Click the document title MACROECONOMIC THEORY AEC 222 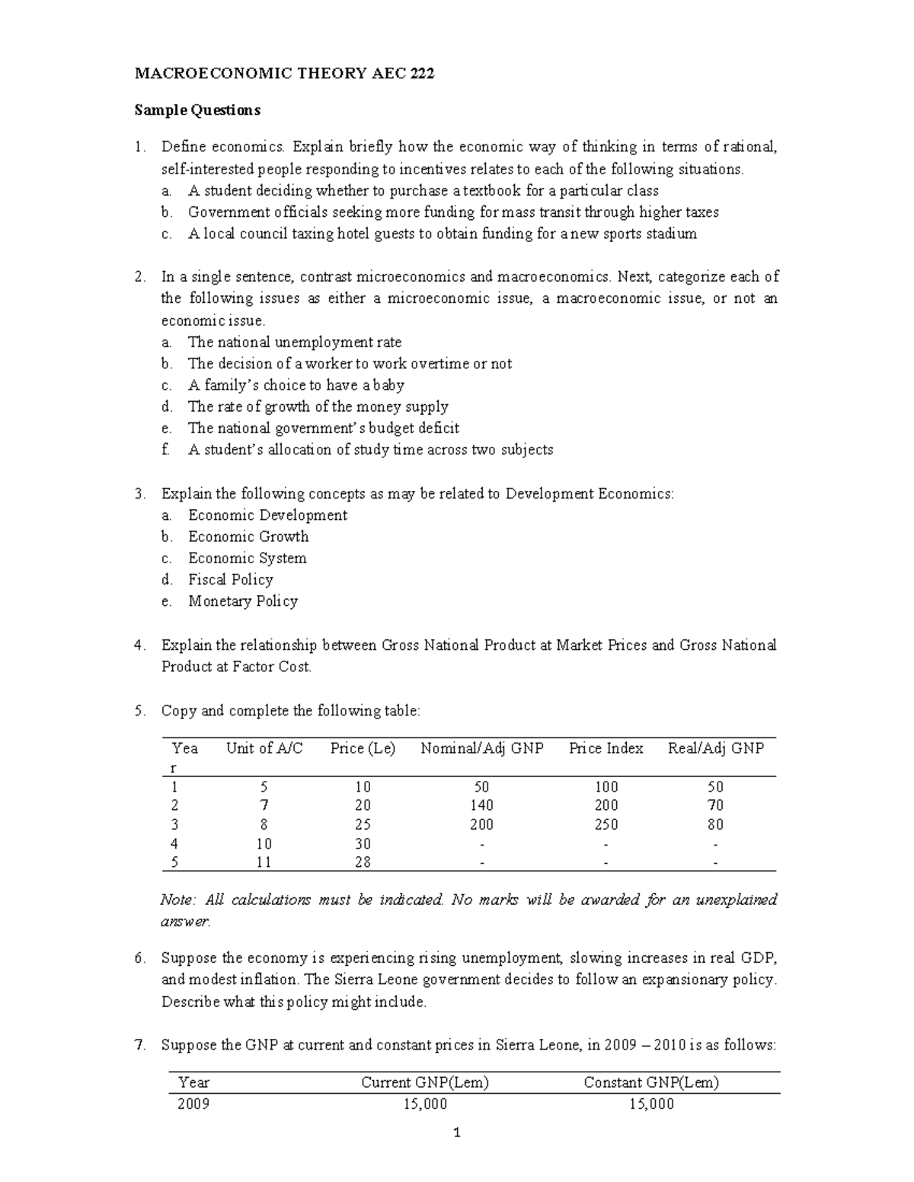[284, 74]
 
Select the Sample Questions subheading [197, 110]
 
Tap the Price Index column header [606, 748]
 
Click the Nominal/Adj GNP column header [481, 748]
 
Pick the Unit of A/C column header [264, 748]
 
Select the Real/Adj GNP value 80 [715, 824]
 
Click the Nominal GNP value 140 [481, 805]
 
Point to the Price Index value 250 [606, 824]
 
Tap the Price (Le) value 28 [363, 862]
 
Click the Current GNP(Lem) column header [425, 1082]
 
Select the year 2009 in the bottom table [193, 1104]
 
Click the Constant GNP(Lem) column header [651, 1082]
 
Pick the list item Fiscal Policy [230, 580]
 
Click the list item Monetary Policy [243, 601]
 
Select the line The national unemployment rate [294, 342]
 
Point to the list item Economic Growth [248, 537]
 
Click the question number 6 [139, 958]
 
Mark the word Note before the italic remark [177, 900]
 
